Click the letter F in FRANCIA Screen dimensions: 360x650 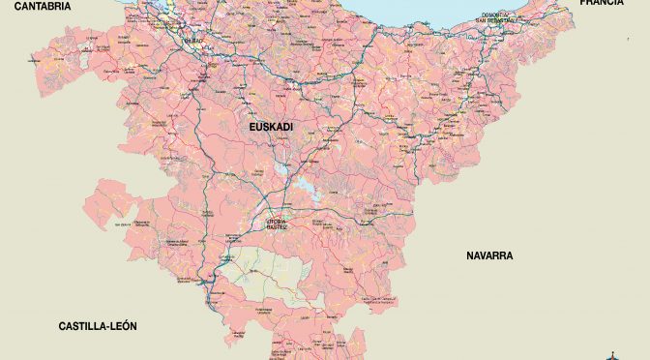[x=583, y=4]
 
